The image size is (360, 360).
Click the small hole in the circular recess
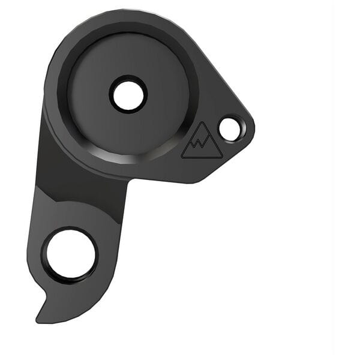click(128, 94)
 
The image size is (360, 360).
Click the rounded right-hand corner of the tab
click(251, 129)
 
